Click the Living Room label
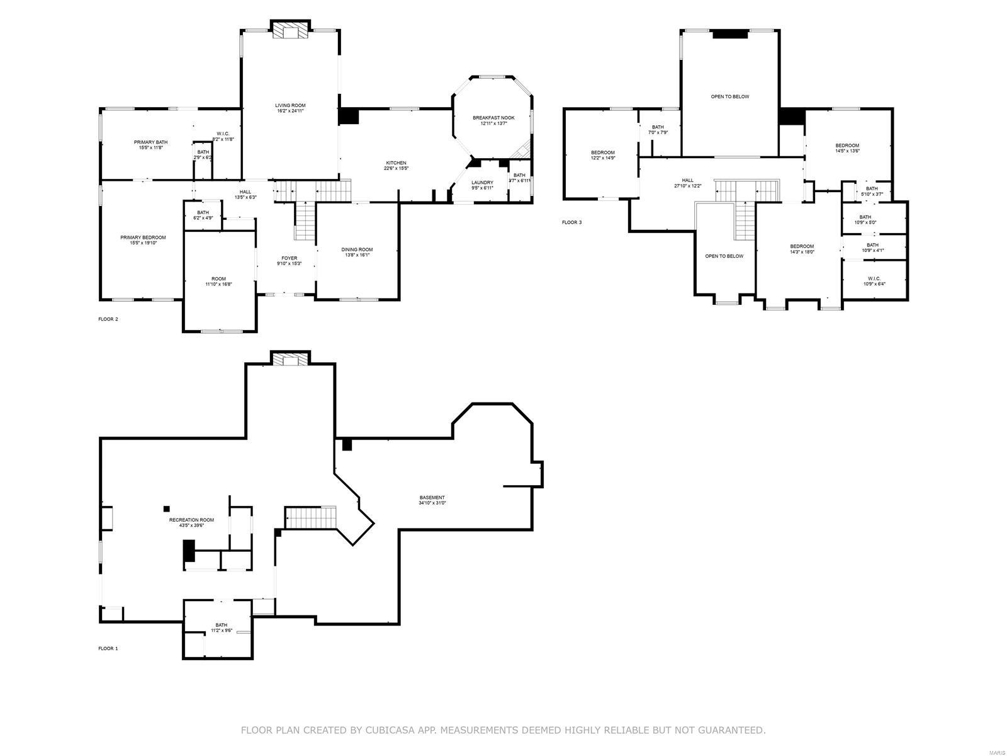click(x=290, y=105)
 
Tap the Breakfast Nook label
click(x=493, y=118)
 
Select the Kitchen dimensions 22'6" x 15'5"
click(x=396, y=169)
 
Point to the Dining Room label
click(x=357, y=249)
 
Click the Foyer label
click(x=289, y=258)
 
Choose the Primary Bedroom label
click(x=143, y=238)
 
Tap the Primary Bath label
click(x=150, y=142)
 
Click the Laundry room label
click(x=483, y=183)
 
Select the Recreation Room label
click(x=191, y=520)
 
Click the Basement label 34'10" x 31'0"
click(x=432, y=498)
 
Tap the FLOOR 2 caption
click(x=108, y=319)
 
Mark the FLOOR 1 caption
click(x=108, y=648)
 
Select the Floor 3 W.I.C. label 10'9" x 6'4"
click(x=874, y=278)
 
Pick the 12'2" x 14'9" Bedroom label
click(x=602, y=152)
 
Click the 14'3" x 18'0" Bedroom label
click(x=802, y=246)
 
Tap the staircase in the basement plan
click(x=310, y=518)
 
